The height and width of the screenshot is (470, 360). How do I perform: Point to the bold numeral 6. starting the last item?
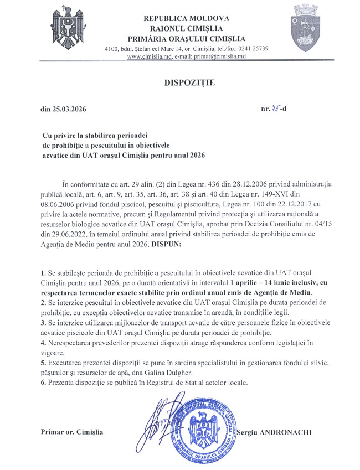(44, 382)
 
